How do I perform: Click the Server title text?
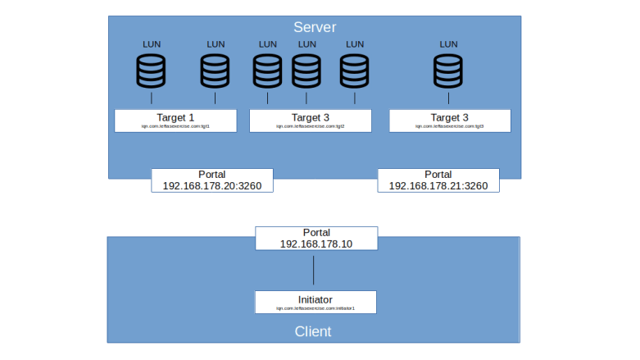(315, 27)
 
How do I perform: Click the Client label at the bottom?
(313, 331)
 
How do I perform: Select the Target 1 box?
(175, 121)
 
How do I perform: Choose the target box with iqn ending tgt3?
(450, 121)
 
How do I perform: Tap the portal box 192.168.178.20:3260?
(211, 180)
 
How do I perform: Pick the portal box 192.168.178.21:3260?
(438, 180)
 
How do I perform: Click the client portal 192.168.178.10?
(316, 238)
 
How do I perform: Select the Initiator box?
(315, 302)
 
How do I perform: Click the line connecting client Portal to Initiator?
(314, 270)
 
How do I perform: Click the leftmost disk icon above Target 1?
(151, 71)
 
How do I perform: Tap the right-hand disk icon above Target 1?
(216, 71)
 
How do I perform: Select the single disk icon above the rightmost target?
(448, 71)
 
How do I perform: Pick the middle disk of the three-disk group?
(306, 71)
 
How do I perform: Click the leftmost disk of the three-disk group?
(268, 71)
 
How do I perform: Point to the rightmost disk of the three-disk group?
(354, 71)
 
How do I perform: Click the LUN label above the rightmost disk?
(448, 44)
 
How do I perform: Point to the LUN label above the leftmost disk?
(151, 44)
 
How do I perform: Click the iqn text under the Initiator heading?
(315, 308)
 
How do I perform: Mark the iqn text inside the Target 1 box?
(175, 126)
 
